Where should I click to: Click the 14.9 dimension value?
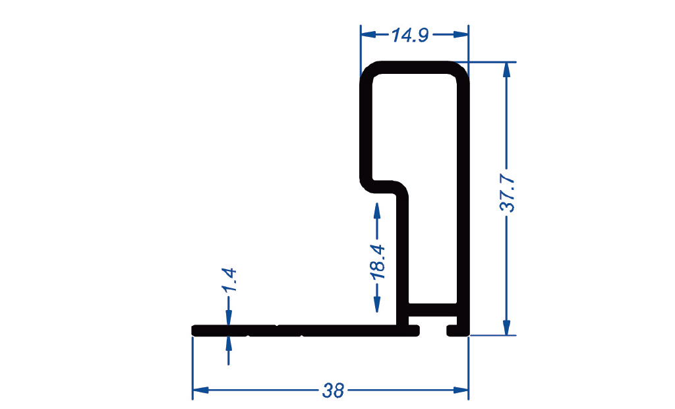410,35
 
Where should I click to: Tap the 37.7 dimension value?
508,193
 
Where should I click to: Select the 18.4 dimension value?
378,262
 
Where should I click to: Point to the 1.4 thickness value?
229,280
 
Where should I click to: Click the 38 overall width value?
333,391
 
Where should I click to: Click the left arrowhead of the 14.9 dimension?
368,34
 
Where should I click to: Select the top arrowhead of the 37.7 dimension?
507,70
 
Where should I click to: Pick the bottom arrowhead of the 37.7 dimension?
507,328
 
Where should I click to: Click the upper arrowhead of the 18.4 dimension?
377,210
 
